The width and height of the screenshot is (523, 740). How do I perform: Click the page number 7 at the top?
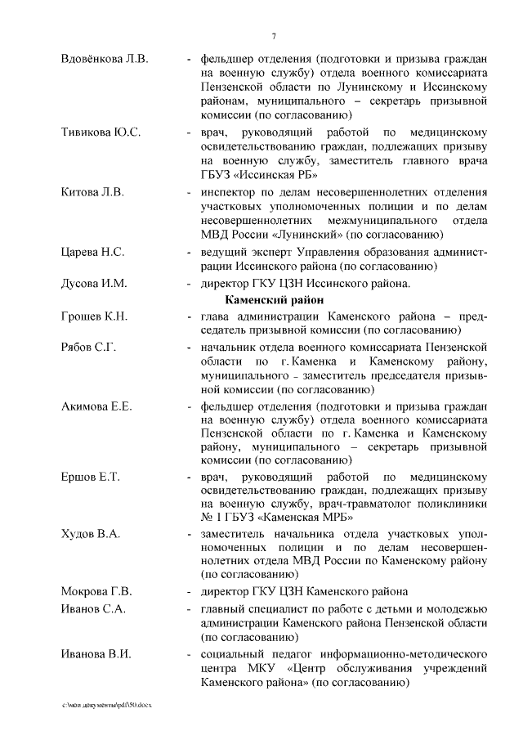pos(274,35)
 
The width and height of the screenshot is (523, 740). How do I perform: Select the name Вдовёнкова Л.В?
pos(105,59)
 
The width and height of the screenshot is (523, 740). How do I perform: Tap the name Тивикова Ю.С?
pos(101,132)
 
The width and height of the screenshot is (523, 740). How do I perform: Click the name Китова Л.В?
pos(92,192)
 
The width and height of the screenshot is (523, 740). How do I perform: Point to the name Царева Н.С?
pos(93,252)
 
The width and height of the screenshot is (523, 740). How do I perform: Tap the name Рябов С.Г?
pos(89,347)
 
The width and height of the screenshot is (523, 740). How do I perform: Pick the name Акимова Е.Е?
pos(97,406)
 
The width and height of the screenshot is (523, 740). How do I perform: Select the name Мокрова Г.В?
pos(96,591)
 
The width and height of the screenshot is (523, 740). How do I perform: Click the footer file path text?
pos(107,704)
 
